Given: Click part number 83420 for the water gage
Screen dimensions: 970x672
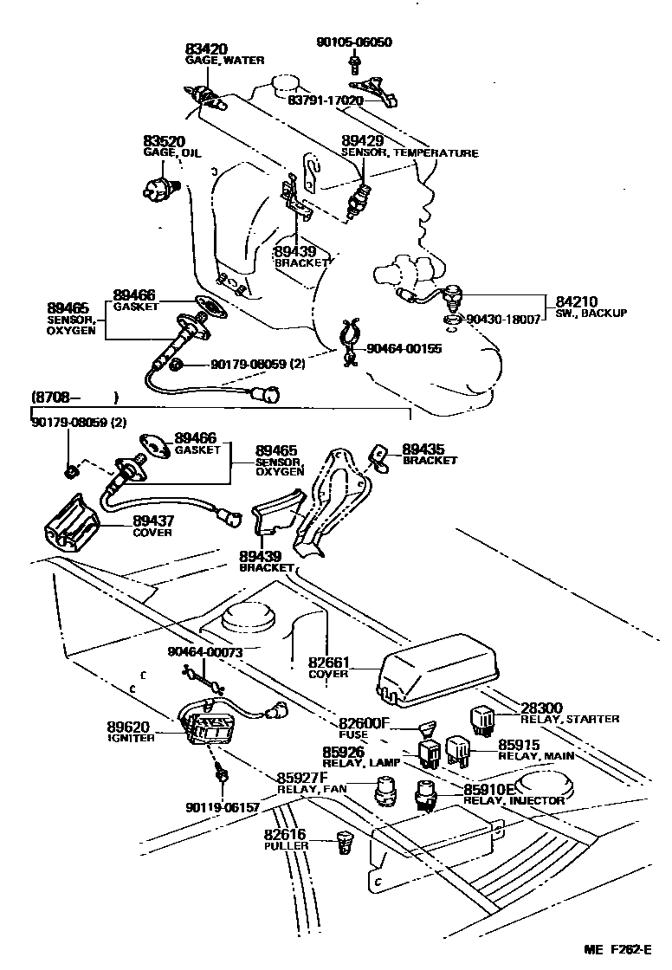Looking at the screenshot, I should pos(207,48).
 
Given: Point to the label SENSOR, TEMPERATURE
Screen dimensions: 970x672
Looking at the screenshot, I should pos(409,153).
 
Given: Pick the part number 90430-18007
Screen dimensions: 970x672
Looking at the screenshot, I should pos(503,320).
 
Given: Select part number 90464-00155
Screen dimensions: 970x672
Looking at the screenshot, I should pos(404,349).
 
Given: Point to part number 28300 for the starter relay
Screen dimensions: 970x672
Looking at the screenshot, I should pos(541,707).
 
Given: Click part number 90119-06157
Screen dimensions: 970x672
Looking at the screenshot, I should pos(222,806).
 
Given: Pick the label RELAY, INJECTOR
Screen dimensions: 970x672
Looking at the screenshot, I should pos(514,801).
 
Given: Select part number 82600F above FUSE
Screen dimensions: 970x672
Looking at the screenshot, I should pos(365,723).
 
